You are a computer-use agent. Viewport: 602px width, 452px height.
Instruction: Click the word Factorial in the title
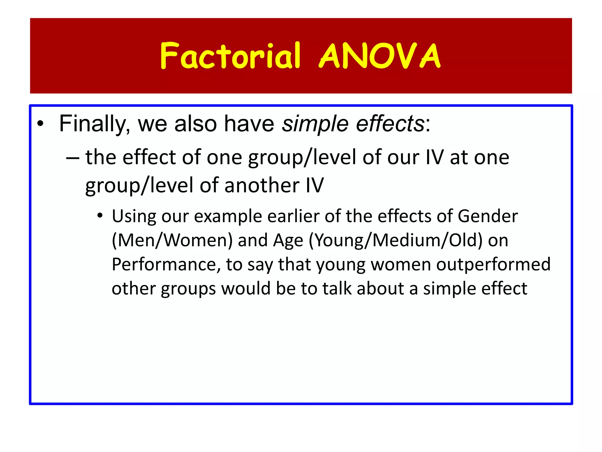tap(230, 56)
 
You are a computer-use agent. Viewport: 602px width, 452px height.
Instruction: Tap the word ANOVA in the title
tap(380, 56)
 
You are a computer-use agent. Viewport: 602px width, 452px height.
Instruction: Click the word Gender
tap(488, 216)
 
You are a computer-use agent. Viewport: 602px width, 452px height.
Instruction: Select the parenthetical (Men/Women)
tap(172, 240)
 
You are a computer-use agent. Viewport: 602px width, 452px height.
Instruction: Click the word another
tap(262, 186)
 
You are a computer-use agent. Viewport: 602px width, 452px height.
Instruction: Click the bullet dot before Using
tap(100, 216)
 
